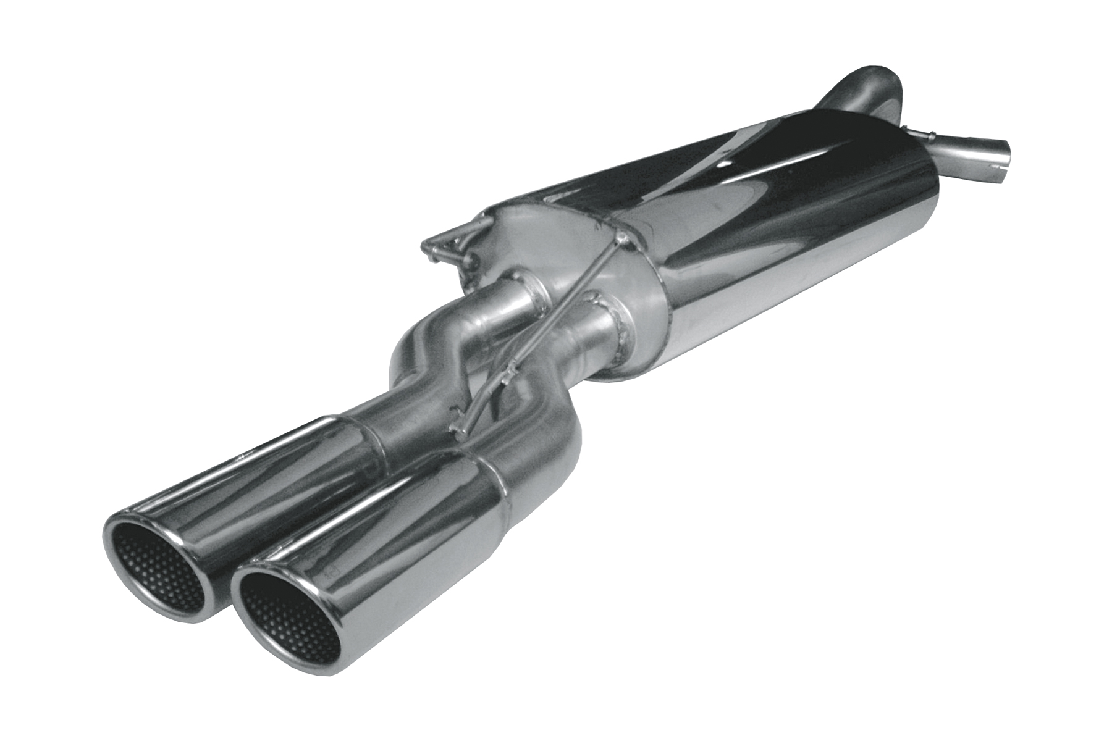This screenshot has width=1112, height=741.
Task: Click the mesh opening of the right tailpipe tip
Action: [287, 611]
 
